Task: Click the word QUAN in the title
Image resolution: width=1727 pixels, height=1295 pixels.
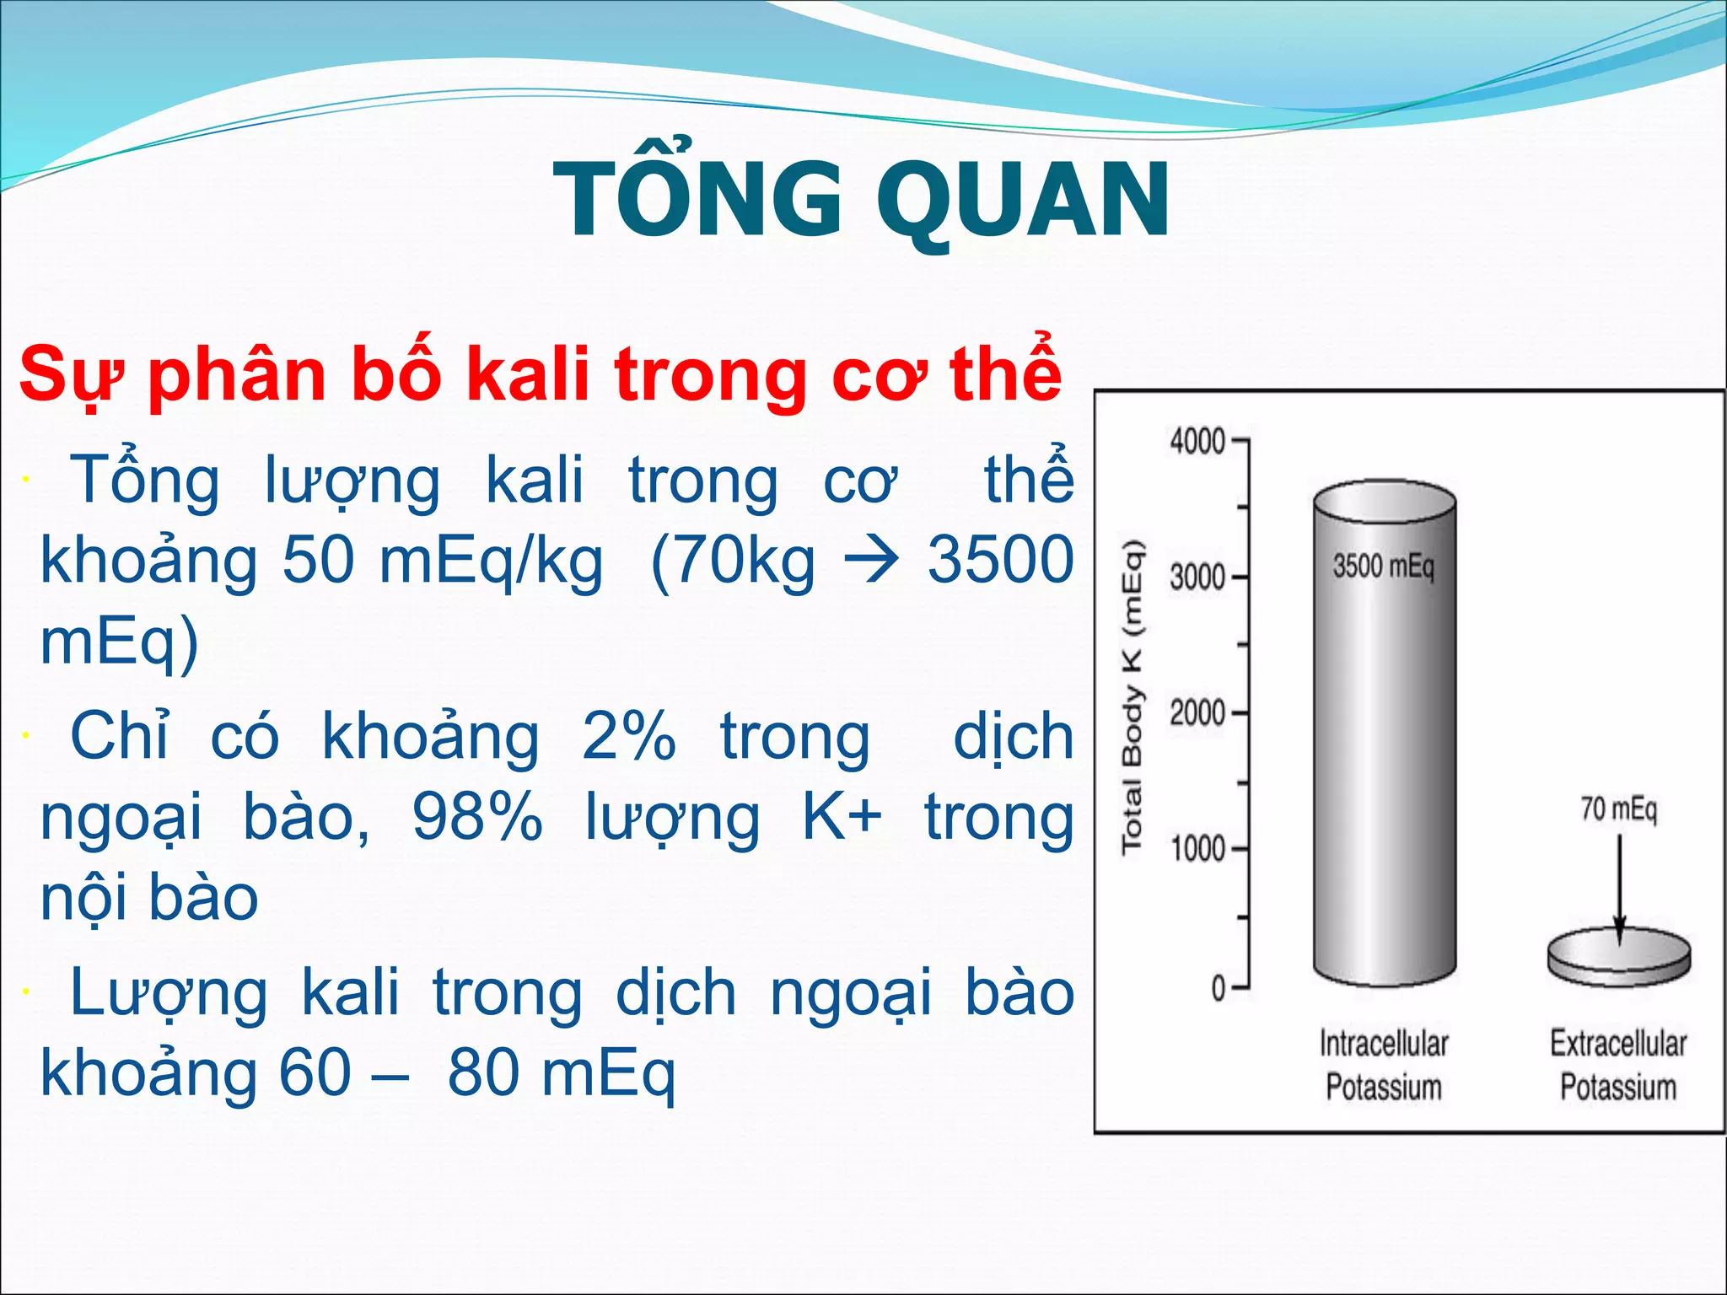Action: (1023, 201)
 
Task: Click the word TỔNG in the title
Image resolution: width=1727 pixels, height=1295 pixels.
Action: (697, 201)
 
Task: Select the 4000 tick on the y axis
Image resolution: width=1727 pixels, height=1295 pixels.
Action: (1197, 440)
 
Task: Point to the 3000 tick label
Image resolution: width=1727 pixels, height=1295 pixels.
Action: (1197, 578)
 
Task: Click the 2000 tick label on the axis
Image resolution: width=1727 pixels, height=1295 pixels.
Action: (1197, 713)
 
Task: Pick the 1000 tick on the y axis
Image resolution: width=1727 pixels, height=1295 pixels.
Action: (1197, 848)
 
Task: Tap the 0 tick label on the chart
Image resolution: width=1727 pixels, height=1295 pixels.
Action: (1218, 986)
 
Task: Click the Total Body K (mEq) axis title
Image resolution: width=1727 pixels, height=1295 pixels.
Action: (1132, 696)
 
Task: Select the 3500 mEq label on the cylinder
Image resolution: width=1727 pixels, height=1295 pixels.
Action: (1383, 566)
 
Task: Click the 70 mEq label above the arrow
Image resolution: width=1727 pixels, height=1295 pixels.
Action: (1618, 809)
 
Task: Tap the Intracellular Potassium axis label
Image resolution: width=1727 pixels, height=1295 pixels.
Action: (1383, 1065)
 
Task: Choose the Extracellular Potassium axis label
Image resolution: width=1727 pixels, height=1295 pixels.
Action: (1617, 1065)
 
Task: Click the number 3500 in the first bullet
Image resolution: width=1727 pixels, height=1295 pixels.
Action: (1000, 560)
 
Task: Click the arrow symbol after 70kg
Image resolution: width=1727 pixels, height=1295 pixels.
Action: (871, 562)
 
